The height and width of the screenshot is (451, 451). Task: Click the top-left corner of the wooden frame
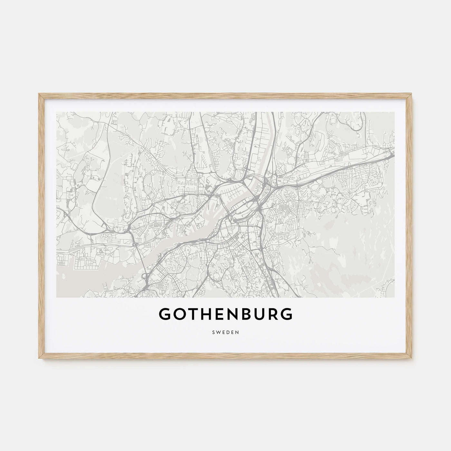coord(39,94)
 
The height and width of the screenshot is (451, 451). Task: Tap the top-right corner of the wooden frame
coord(412,94)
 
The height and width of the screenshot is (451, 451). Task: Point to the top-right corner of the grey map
coord(394,112)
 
